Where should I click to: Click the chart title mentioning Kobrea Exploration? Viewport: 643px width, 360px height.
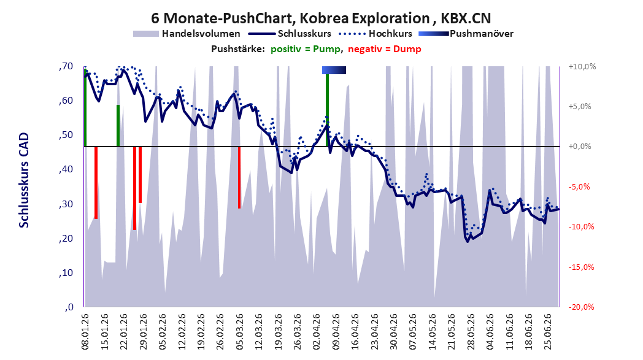pos(321,18)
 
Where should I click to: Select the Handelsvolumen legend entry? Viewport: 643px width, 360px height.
pos(187,34)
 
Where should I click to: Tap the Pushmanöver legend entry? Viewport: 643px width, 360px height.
pos(466,34)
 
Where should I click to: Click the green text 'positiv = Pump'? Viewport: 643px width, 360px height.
pos(306,49)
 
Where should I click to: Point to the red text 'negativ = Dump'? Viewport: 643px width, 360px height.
pos(385,49)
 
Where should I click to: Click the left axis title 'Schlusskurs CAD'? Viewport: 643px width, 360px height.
pos(24,180)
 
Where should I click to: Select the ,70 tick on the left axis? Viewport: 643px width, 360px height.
pos(66,66)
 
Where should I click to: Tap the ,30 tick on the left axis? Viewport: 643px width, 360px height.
pos(66,204)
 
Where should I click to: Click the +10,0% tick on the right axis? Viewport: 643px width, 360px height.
pos(582,66)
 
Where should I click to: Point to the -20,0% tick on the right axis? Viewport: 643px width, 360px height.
pos(582,307)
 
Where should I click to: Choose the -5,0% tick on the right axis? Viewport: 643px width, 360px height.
pos(580,187)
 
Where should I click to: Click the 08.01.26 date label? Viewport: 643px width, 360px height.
pos(85,332)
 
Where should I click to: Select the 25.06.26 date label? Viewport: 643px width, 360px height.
pos(547,332)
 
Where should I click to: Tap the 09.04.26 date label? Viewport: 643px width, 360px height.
pos(336,332)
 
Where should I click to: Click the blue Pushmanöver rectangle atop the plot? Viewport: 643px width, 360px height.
pos(334,70)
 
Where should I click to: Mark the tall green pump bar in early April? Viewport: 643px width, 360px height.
pos(327,110)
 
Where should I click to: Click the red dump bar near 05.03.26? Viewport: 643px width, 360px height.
pos(239,177)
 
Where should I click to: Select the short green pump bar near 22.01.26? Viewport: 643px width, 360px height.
pos(118,126)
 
